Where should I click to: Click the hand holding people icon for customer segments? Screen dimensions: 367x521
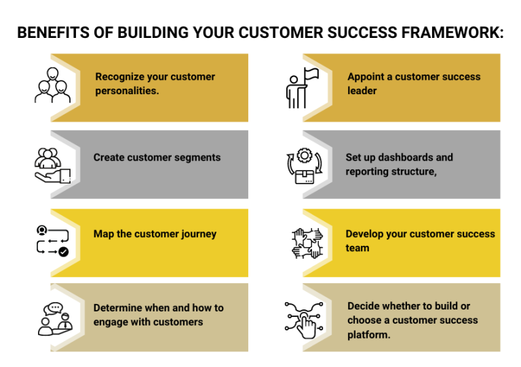pos(52,165)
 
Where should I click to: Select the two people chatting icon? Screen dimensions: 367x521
pos(54,318)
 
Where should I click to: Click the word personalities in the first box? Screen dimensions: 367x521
pos(127,90)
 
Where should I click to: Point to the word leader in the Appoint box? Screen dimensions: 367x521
pos(362,90)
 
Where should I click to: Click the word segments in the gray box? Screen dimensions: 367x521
pos(190,157)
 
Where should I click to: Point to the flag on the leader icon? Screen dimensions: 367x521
pos(311,74)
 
